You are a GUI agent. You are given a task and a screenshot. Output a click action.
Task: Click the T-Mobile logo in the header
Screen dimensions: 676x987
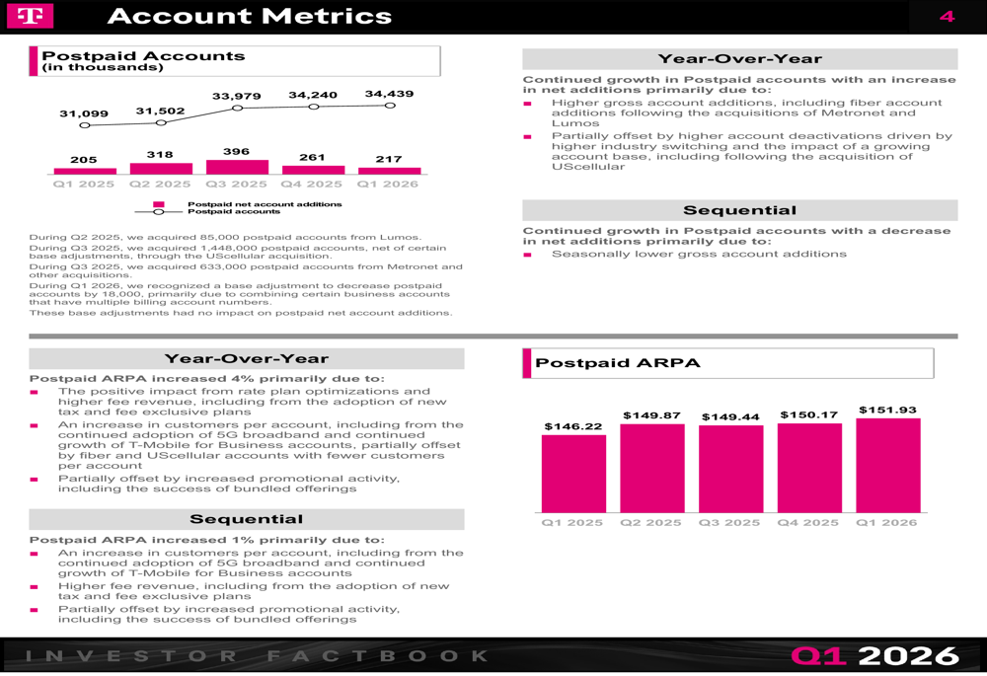click(30, 16)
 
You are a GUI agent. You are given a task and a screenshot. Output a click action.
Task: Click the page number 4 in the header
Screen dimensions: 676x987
click(947, 16)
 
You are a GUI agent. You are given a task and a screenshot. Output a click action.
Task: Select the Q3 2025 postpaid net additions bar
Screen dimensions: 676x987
click(237, 167)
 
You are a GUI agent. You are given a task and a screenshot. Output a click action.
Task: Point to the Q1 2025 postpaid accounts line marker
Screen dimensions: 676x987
click(85, 125)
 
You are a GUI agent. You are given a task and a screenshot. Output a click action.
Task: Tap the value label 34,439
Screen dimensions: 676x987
click(389, 94)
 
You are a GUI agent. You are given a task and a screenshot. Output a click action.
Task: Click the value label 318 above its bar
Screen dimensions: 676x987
click(160, 155)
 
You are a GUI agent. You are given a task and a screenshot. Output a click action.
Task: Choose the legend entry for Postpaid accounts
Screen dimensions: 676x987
click(234, 211)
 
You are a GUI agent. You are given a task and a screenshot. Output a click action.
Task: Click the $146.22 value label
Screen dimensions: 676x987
click(573, 426)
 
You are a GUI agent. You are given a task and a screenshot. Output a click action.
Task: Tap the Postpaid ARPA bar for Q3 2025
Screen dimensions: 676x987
click(730, 469)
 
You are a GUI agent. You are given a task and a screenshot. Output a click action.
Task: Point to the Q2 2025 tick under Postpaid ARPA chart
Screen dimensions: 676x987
click(651, 522)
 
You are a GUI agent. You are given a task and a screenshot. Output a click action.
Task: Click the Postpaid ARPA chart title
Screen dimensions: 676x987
click(618, 363)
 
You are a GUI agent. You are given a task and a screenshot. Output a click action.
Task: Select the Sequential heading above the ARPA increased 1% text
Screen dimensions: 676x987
click(246, 519)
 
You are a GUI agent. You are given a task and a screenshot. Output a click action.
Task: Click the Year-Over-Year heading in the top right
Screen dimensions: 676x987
click(739, 59)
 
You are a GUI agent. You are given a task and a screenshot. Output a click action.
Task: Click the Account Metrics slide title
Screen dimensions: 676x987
click(249, 16)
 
